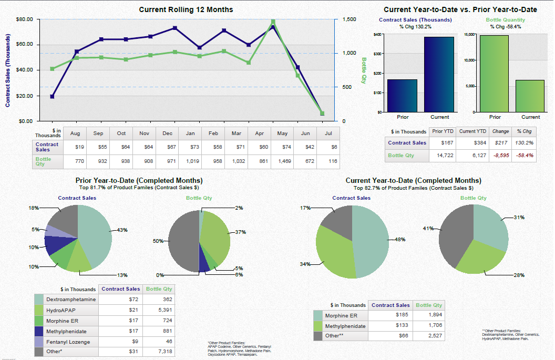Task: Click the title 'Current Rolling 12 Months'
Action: tap(186, 9)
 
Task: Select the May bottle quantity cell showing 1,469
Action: tap(282, 161)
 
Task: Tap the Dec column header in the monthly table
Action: tap(167, 133)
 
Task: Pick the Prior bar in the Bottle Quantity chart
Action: tap(495, 74)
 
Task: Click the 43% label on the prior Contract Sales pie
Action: tap(122, 230)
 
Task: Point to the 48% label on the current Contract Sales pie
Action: tap(400, 239)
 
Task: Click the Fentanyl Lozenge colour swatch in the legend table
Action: tap(39, 342)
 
